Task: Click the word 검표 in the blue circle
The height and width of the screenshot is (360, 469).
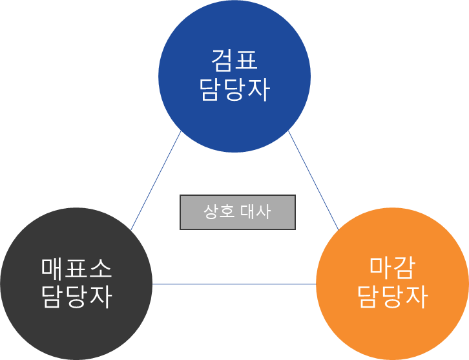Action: [234, 61]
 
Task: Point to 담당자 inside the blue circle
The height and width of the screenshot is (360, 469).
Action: [234, 90]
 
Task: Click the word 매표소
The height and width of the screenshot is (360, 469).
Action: [76, 268]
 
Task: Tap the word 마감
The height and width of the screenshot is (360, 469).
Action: [392, 266]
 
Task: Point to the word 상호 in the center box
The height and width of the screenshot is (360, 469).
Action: [218, 212]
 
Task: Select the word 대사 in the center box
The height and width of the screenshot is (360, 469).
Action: [256, 212]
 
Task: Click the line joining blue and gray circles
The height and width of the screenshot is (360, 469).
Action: [156, 181]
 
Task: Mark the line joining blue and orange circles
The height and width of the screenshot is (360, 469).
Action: [313, 181]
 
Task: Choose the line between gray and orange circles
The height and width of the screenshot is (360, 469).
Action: [234, 284]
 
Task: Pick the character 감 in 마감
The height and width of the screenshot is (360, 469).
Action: [404, 266]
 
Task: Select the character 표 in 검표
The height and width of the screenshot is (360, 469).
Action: [246, 61]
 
